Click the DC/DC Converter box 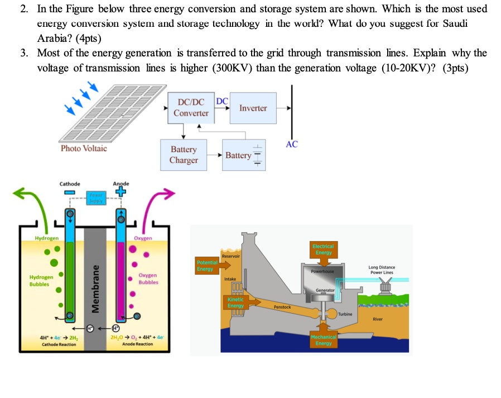coord(191,108)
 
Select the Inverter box coord(253,108)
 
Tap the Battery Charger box coord(184,155)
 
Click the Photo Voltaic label coord(84,148)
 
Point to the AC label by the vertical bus coord(291,144)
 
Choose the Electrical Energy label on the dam coord(323,249)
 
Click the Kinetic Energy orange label coord(235,303)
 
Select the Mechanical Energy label coord(323,339)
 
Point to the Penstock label coord(282,307)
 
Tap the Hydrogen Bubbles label coord(41,280)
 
